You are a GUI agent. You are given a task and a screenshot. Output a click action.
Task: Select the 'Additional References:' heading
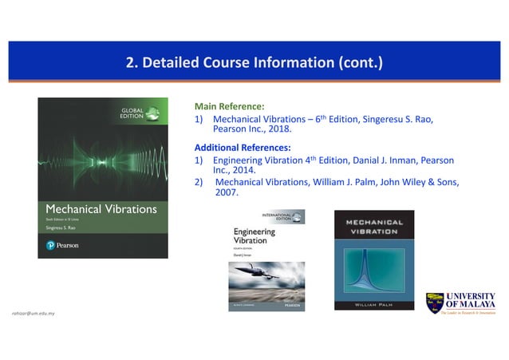(x=243, y=147)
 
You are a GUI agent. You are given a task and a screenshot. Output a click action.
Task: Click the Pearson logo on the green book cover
(x=62, y=244)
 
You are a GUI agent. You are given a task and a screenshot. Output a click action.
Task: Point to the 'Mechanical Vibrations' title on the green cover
(x=101, y=210)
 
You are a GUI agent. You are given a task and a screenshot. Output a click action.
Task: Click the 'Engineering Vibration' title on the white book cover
(x=253, y=236)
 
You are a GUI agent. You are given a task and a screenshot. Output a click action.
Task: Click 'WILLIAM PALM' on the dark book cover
(x=374, y=303)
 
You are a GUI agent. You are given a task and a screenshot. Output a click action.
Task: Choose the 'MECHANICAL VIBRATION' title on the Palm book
(x=374, y=225)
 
